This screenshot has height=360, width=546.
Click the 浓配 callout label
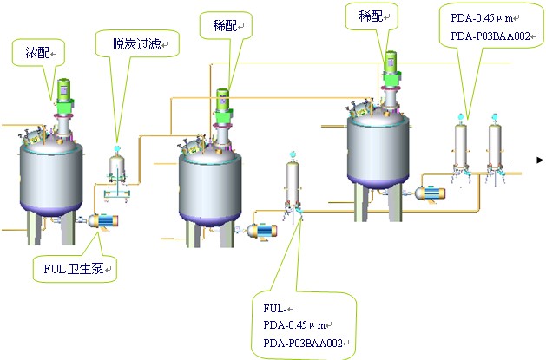pos(36,54)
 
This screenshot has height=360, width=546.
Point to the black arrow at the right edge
pos(528,160)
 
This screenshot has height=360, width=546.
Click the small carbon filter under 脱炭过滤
pos(116,167)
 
